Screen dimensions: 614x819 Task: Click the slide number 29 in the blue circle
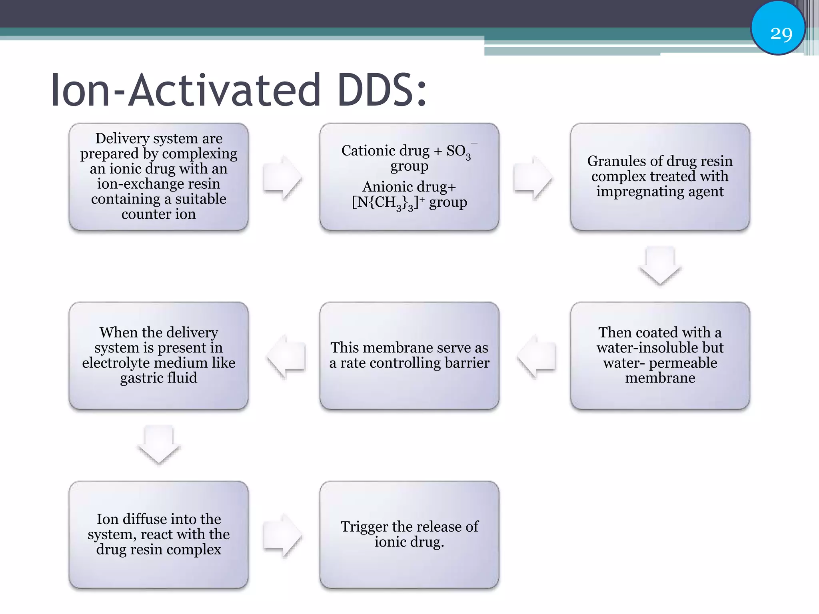[781, 33]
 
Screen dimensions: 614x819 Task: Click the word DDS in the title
[382, 91]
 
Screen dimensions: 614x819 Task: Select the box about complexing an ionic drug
[159, 176]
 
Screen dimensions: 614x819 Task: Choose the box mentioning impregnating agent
[660, 176]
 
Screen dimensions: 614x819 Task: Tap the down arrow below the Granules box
[660, 265]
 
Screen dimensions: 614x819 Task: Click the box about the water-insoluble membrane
[660, 355]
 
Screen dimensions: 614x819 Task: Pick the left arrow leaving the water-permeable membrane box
[537, 356]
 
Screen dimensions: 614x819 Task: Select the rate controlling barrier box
[409, 355]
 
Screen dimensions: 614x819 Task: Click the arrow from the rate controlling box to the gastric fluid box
[286, 356]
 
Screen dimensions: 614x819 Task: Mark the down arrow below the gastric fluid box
[159, 444]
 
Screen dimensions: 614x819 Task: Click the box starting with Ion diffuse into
[159, 534]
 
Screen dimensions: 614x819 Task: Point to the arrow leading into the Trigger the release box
[282, 535]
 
